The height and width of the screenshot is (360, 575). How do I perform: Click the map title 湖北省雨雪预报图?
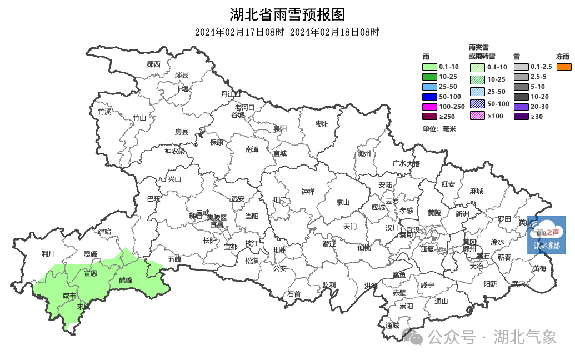pyautogui.click(x=287, y=14)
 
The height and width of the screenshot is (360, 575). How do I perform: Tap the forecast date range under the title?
pyautogui.click(x=287, y=32)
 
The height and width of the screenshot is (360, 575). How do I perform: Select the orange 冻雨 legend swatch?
pyautogui.click(x=564, y=67)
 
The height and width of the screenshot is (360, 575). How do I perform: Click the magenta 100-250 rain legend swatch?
pyautogui.click(x=430, y=106)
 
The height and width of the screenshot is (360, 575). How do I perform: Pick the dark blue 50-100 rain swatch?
pyautogui.click(x=430, y=97)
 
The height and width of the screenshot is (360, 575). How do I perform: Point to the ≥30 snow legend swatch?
pyautogui.click(x=521, y=117)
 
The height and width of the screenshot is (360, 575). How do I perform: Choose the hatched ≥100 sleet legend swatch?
pyautogui.click(x=477, y=116)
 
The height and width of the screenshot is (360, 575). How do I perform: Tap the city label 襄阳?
pyautogui.click(x=279, y=128)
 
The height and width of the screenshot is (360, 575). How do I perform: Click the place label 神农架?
pyautogui.click(x=174, y=151)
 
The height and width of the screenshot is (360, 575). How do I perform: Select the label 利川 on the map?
pyautogui.click(x=48, y=254)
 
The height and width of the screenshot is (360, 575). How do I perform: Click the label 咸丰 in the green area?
pyautogui.click(x=69, y=296)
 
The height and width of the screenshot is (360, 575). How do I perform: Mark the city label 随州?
pyautogui.click(x=364, y=153)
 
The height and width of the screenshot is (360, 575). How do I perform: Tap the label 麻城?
pyautogui.click(x=476, y=191)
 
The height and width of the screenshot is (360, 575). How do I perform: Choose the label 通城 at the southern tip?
pyautogui.click(x=392, y=326)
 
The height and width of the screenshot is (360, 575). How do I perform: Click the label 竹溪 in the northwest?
pyautogui.click(x=104, y=112)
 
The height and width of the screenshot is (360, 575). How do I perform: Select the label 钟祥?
pyautogui.click(x=308, y=192)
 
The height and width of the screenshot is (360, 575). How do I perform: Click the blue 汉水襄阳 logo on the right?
pyautogui.click(x=546, y=234)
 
